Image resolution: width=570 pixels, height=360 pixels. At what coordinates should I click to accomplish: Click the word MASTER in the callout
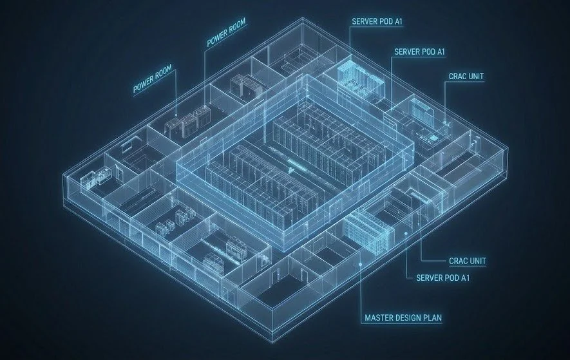pos(377,318)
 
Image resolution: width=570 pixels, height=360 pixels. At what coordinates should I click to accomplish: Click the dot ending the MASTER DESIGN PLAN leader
pos(360,265)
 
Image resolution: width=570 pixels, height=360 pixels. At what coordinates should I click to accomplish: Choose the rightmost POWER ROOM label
pos(226,32)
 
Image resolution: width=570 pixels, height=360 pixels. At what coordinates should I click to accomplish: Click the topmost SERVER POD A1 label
pos(377,22)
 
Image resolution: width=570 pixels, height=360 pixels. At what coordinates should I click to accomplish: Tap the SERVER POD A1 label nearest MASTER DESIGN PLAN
pos(442,278)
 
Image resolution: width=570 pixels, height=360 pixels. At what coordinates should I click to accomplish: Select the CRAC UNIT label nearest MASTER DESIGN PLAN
pos(468,261)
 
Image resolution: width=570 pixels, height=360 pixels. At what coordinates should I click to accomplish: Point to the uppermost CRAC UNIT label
pos(466,77)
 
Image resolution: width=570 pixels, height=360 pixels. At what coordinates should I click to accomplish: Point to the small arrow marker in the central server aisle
pos(291,170)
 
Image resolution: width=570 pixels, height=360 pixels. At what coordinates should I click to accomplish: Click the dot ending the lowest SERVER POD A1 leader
pos(406,234)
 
